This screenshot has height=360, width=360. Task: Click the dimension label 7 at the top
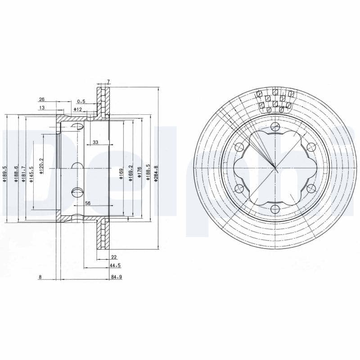[x=108, y=82]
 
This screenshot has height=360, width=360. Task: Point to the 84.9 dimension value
[x=116, y=277]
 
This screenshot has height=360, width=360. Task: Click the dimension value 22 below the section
[x=114, y=257]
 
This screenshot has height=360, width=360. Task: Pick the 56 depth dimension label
[x=88, y=203]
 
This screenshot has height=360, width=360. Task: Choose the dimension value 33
[x=95, y=142]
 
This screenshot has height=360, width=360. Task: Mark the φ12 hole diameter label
[x=78, y=109]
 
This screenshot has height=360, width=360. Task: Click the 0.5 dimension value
[x=81, y=101]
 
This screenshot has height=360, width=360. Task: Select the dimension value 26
[x=42, y=99]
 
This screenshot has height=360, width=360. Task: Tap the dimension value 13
[x=42, y=108]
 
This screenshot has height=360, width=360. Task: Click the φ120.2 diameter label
[x=41, y=166]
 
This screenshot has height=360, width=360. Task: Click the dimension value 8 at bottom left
[x=40, y=277]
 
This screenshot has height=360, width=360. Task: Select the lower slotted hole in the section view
[x=77, y=192]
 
